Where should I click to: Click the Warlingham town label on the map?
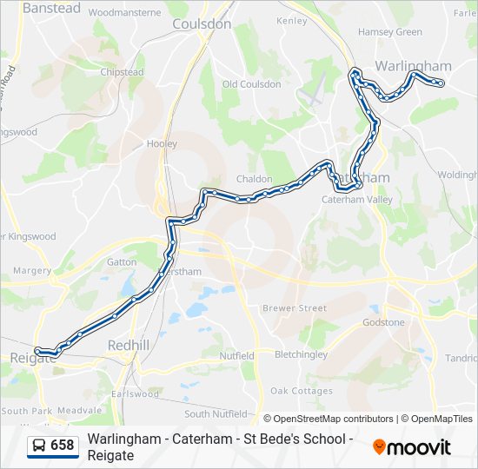413,66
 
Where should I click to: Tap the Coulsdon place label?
202,24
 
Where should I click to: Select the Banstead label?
51,8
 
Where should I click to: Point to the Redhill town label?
128,346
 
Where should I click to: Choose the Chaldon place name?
255,179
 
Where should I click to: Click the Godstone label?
383,322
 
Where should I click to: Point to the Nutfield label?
236,356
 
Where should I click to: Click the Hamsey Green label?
389,32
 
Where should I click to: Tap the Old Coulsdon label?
251,84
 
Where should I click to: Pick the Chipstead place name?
122,73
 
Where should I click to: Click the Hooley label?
162,144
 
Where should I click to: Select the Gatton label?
122,261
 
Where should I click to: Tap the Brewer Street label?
295,308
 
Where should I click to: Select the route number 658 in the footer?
63,446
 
